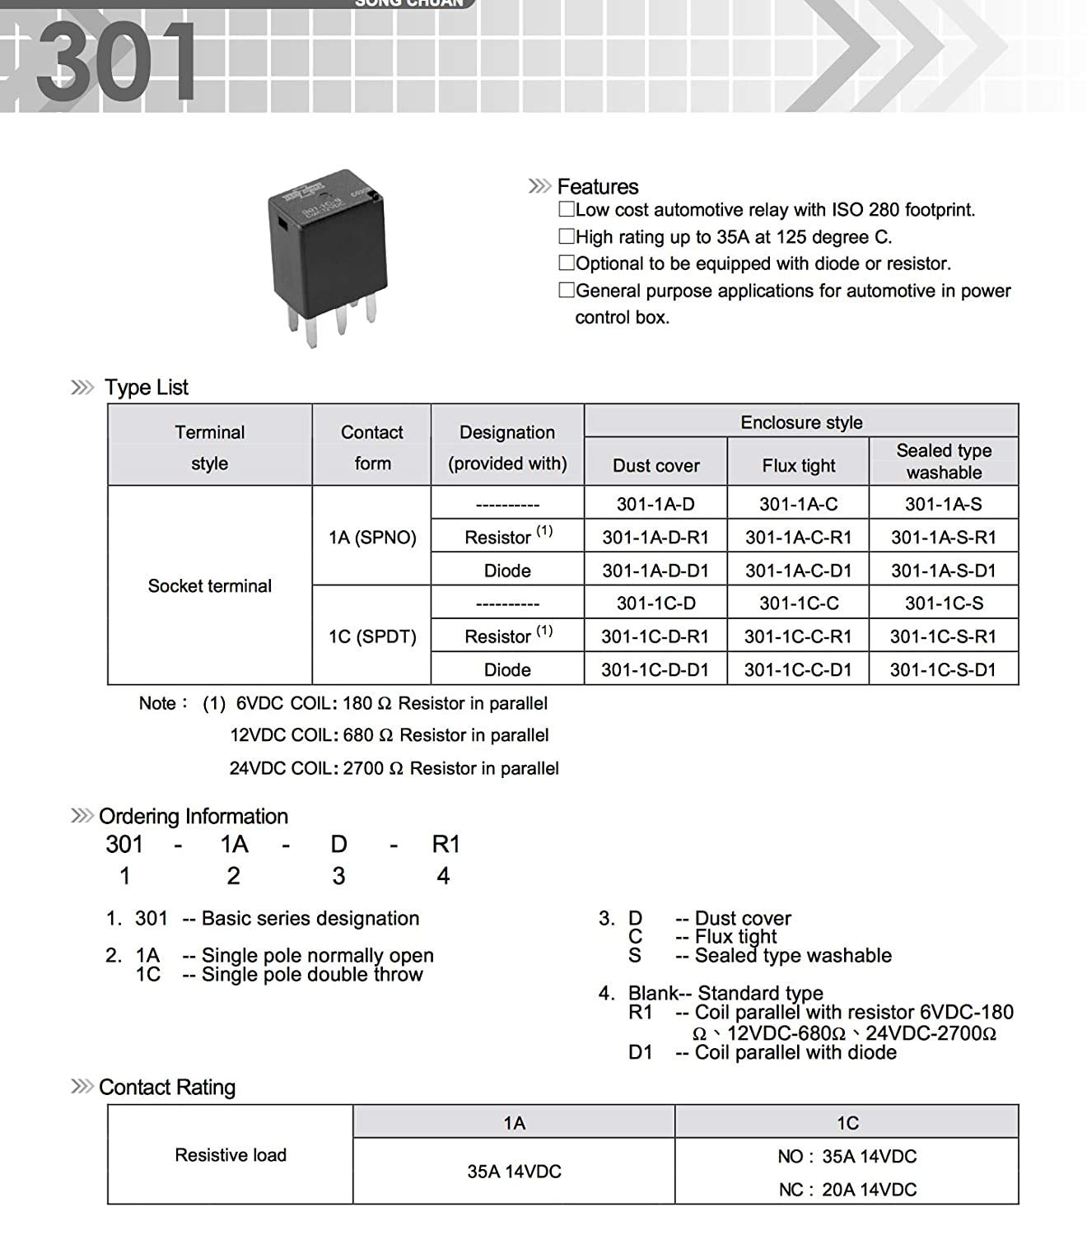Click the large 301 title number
[x=116, y=63]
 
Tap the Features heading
[x=597, y=187]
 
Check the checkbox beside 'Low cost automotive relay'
[x=567, y=210]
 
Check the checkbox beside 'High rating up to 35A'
[x=567, y=237]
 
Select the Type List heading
[x=146, y=388]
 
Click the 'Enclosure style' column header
[x=800, y=422]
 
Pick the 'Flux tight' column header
[x=798, y=466]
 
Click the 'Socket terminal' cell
[x=209, y=586]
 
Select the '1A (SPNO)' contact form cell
[x=372, y=538]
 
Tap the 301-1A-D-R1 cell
[x=655, y=538]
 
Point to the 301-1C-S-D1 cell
[x=943, y=670]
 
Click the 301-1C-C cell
[x=798, y=604]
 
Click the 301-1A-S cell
[x=943, y=504]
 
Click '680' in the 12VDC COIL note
[x=357, y=735]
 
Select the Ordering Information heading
[x=194, y=817]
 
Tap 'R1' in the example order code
[x=446, y=845]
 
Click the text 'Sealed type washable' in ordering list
[x=792, y=956]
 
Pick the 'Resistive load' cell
[x=231, y=1155]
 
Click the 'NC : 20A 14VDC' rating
[x=847, y=1190]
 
